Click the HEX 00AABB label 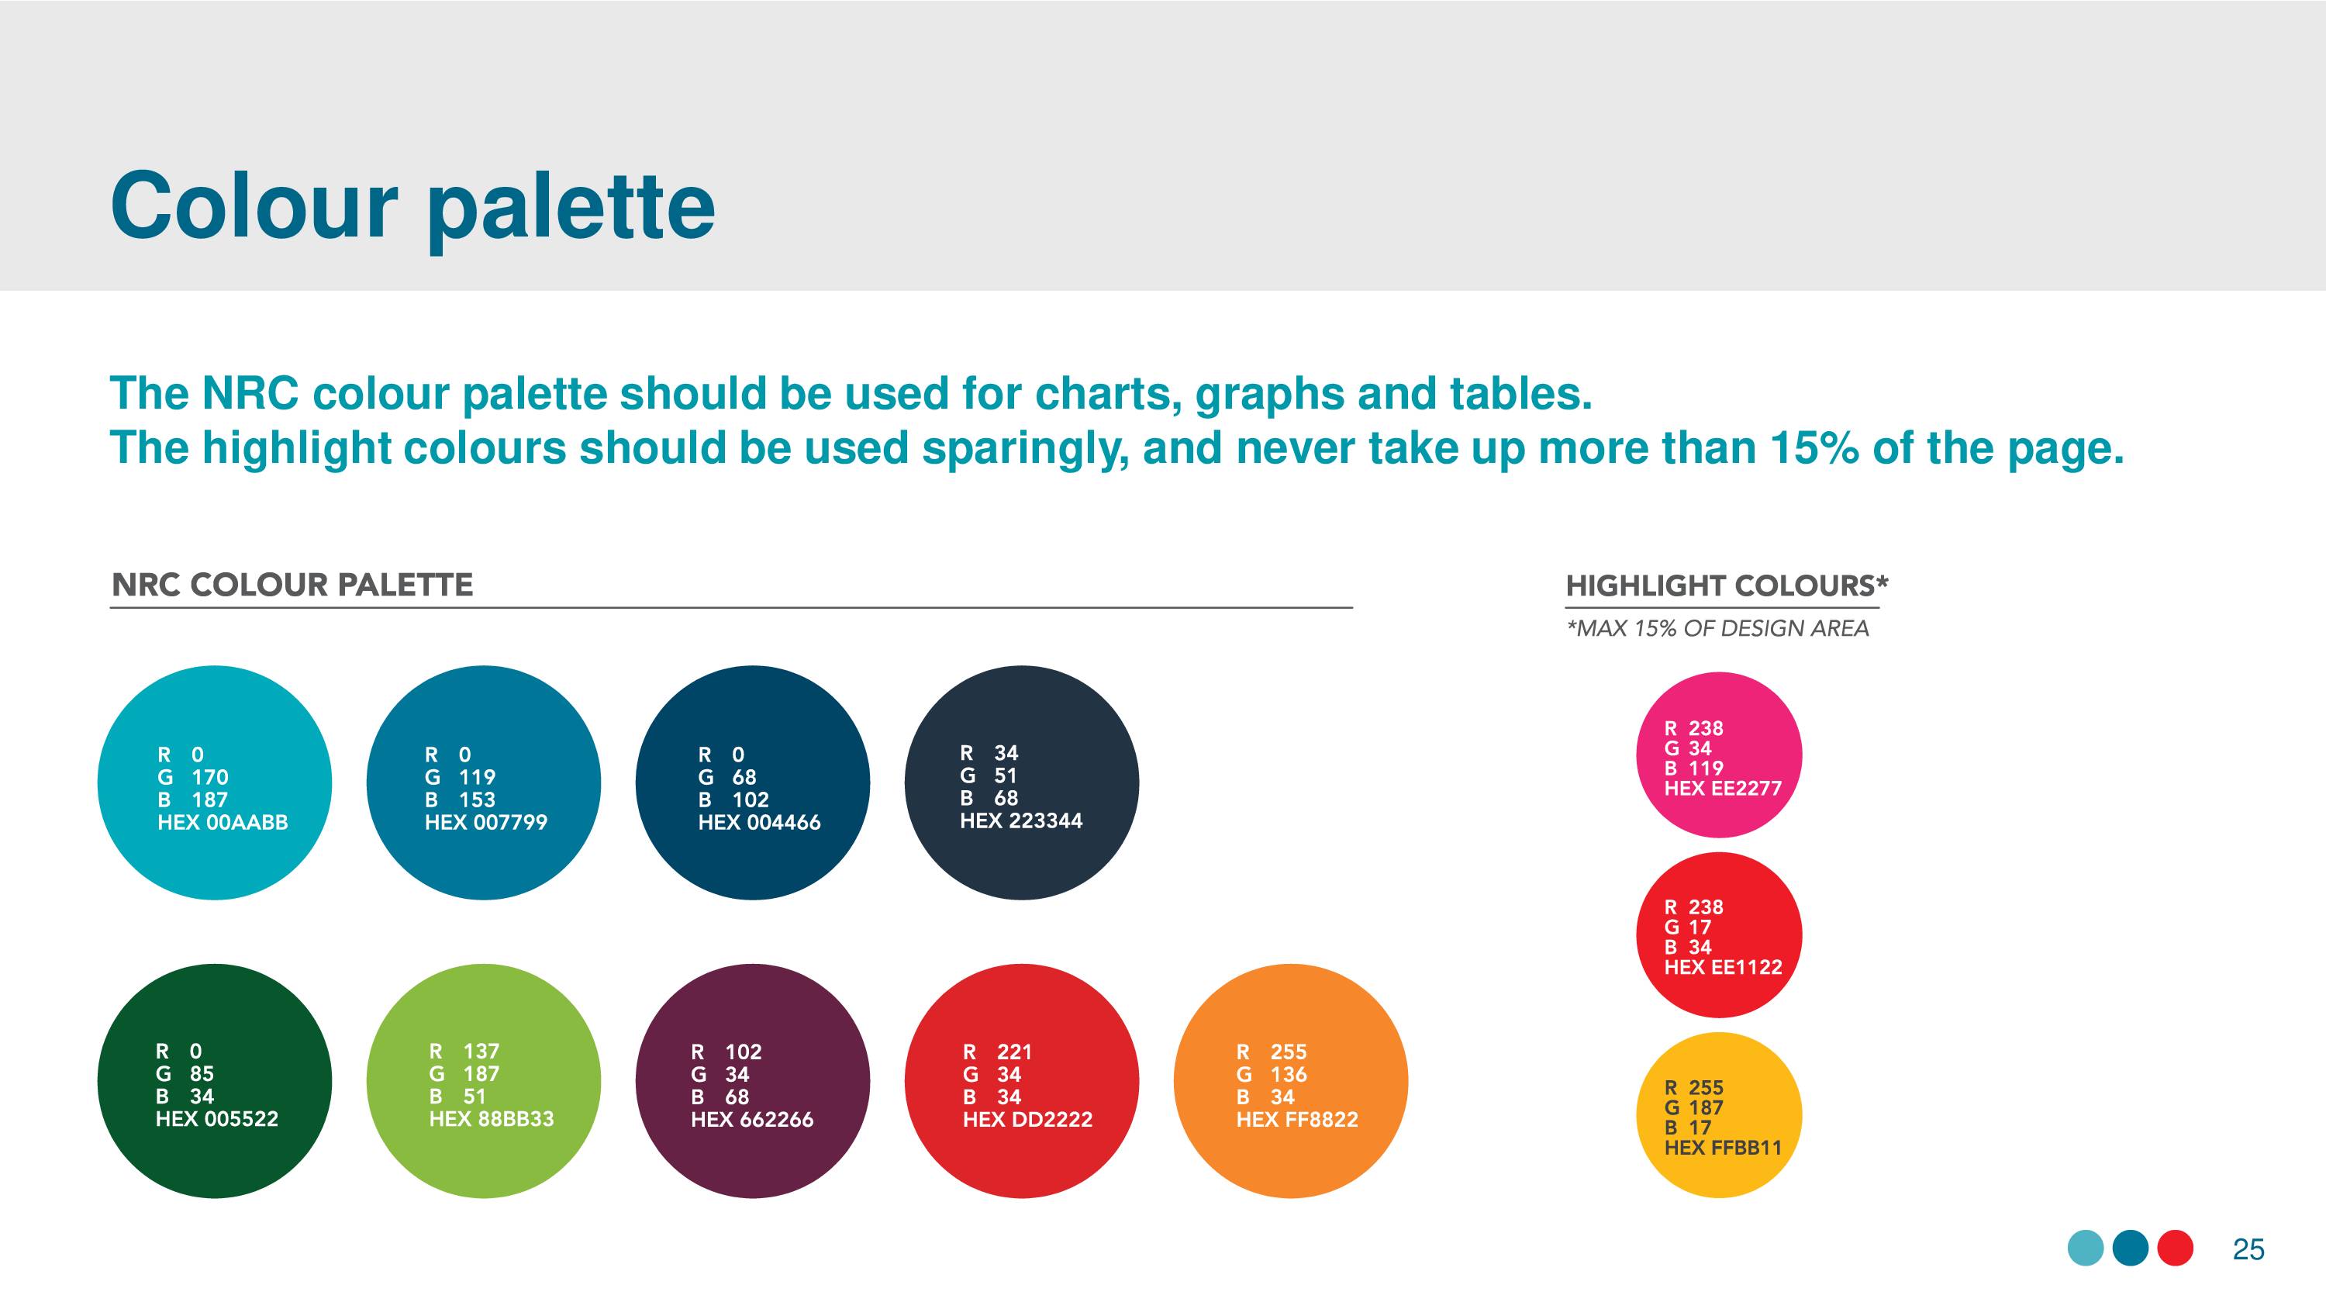tap(222, 822)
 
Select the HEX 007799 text tap(486, 822)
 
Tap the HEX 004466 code tap(758, 822)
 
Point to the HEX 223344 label tap(1020, 820)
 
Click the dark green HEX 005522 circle tap(215, 1081)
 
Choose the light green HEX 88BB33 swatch tap(483, 1081)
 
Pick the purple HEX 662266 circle tap(752, 1081)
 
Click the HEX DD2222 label tap(1027, 1119)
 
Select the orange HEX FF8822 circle tap(1290, 1081)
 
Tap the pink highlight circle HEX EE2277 tap(1719, 755)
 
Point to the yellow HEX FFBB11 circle tap(1719, 1116)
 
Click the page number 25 tap(2248, 1249)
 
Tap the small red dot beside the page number tap(2176, 1249)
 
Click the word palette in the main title tap(571, 209)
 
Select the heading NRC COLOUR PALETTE tap(292, 585)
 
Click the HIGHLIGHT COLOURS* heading tap(1727, 585)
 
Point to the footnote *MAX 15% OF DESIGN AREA tap(1717, 629)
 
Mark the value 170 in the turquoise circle tap(209, 777)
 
